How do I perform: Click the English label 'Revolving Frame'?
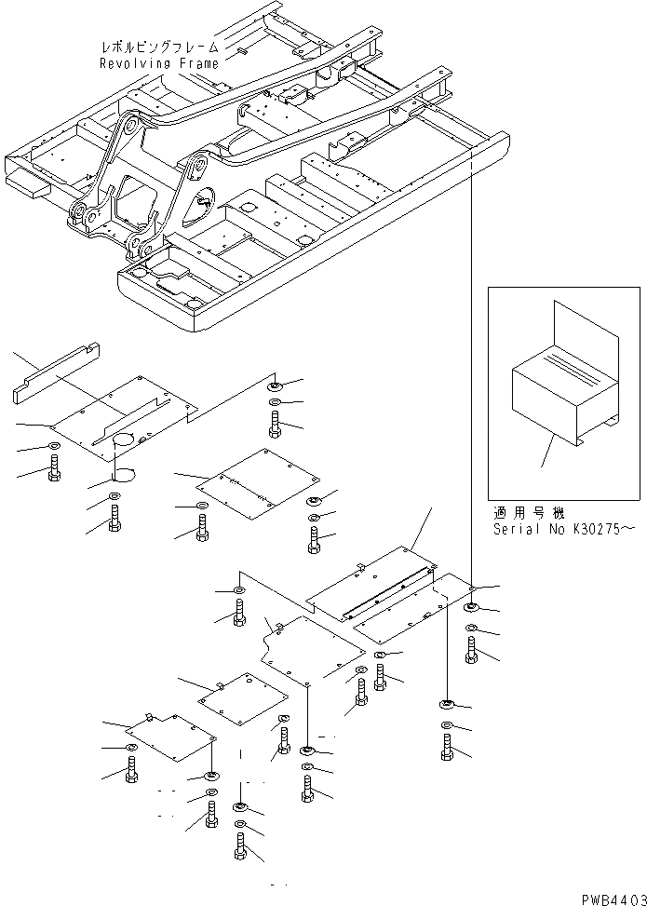pyautogui.click(x=159, y=63)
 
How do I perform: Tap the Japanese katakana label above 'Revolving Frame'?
pyautogui.click(x=159, y=46)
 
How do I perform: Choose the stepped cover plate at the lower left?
pyautogui.click(x=172, y=740)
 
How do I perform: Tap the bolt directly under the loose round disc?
pyautogui.click(x=115, y=520)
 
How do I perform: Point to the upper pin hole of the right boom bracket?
pyautogui.click(x=197, y=169)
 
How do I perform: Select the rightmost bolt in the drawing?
pyautogui.click(x=471, y=648)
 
